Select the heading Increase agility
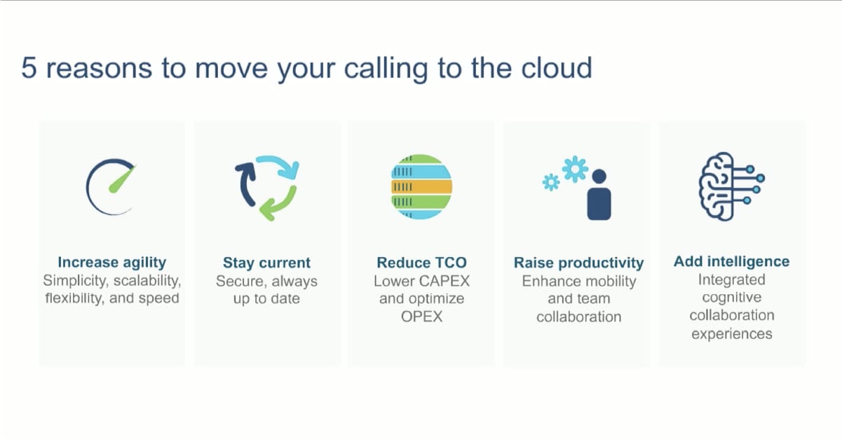point(111,263)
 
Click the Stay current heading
point(266,263)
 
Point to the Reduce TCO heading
point(421,263)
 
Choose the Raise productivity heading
point(578,263)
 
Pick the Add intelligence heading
point(731,261)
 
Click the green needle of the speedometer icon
point(122,179)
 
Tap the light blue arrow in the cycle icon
point(279,165)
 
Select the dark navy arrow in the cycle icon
point(245,185)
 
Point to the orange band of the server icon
point(421,186)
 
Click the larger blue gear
point(575,169)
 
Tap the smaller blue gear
point(551,182)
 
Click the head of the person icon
point(599,177)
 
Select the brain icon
point(731,186)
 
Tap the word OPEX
point(421,317)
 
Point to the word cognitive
point(731,298)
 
